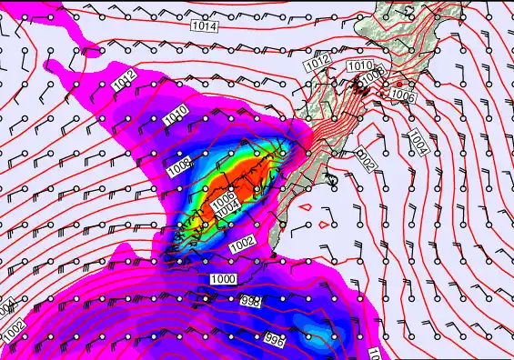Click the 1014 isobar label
pos(205,26)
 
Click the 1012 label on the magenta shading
pos(125,81)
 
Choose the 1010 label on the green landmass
pos(360,66)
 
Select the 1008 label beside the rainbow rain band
pos(180,165)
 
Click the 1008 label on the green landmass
pos(375,76)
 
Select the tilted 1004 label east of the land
pos(418,142)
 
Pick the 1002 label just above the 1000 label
pos(242,244)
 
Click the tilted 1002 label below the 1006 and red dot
pos(364,159)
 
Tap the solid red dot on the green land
pos(397,85)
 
